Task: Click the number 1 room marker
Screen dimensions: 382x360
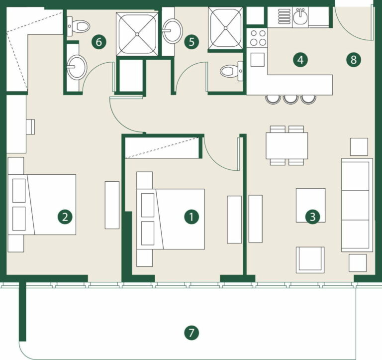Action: (191, 217)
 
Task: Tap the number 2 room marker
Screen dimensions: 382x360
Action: (65, 217)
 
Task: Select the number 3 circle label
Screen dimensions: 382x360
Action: (312, 217)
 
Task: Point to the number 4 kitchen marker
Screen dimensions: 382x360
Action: (300, 60)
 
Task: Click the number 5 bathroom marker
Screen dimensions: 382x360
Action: (191, 42)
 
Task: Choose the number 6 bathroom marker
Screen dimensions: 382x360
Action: (98, 42)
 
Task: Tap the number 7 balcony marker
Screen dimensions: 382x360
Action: (191, 333)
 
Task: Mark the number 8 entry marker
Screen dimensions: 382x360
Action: (354, 60)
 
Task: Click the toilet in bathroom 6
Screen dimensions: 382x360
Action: (79, 26)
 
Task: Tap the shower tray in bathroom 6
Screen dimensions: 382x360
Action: (137, 34)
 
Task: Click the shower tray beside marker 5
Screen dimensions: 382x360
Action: (225, 28)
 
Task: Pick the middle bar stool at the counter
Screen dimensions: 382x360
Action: (290, 99)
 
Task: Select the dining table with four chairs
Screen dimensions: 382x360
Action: (286, 145)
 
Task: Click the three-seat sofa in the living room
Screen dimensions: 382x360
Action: (357, 205)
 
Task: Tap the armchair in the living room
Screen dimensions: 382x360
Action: (310, 260)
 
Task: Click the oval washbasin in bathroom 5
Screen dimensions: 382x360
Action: (173, 31)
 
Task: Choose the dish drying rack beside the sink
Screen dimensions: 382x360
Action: (284, 16)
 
